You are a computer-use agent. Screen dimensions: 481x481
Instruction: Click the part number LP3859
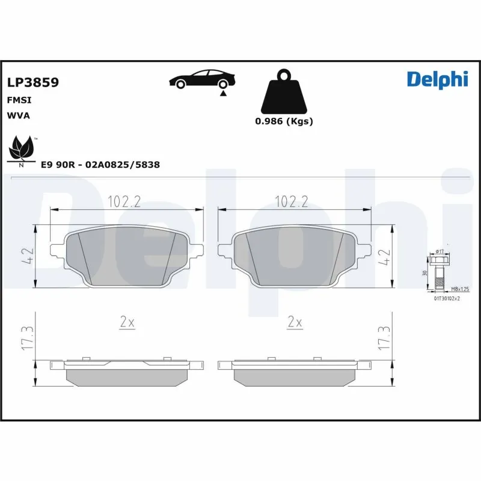click(x=32, y=83)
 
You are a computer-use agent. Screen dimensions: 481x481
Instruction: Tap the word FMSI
click(x=19, y=100)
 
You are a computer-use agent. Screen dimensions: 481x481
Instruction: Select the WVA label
click(x=18, y=115)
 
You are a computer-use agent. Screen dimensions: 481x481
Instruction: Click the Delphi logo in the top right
click(x=437, y=79)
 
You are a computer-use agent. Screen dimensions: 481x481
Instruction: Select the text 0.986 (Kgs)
click(x=284, y=121)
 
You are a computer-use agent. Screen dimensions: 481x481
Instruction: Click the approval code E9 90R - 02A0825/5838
click(x=100, y=164)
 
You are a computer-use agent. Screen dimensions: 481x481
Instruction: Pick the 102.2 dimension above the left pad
click(x=124, y=202)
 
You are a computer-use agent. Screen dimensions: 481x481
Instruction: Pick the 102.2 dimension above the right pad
click(x=291, y=202)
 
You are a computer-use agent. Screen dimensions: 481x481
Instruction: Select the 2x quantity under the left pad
click(x=126, y=323)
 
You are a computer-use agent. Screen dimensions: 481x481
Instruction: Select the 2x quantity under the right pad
click(x=294, y=323)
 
